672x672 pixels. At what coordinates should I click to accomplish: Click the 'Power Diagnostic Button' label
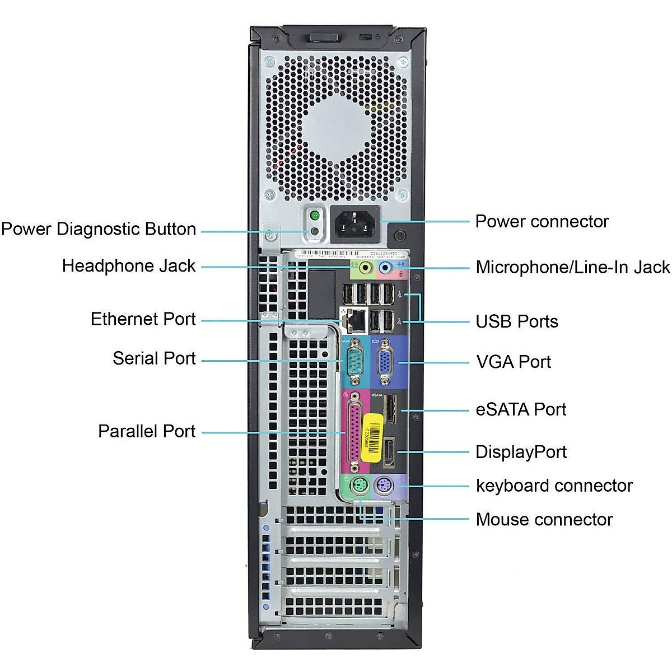99,229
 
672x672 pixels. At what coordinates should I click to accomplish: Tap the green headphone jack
365,268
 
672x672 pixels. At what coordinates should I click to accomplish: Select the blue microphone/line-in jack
385,268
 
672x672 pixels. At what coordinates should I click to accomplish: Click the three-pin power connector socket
355,225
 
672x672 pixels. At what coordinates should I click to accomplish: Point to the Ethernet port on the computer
354,320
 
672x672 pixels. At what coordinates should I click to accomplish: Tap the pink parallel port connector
354,432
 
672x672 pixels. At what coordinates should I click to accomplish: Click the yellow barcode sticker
371,437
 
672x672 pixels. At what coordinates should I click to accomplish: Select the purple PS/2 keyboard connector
384,486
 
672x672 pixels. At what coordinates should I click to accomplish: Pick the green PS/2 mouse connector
359,487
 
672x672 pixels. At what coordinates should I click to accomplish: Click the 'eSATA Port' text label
521,409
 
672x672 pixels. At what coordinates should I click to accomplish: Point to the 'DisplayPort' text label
521,452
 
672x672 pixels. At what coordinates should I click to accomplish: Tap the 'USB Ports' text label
517,321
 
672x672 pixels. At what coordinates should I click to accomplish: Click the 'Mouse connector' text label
544,519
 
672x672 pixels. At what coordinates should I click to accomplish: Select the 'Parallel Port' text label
147,431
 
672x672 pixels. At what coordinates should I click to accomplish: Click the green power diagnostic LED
315,215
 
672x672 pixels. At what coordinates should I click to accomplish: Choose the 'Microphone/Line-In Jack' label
572,267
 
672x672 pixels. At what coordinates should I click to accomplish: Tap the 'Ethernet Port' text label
143,319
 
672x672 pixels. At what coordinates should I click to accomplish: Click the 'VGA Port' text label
514,362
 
